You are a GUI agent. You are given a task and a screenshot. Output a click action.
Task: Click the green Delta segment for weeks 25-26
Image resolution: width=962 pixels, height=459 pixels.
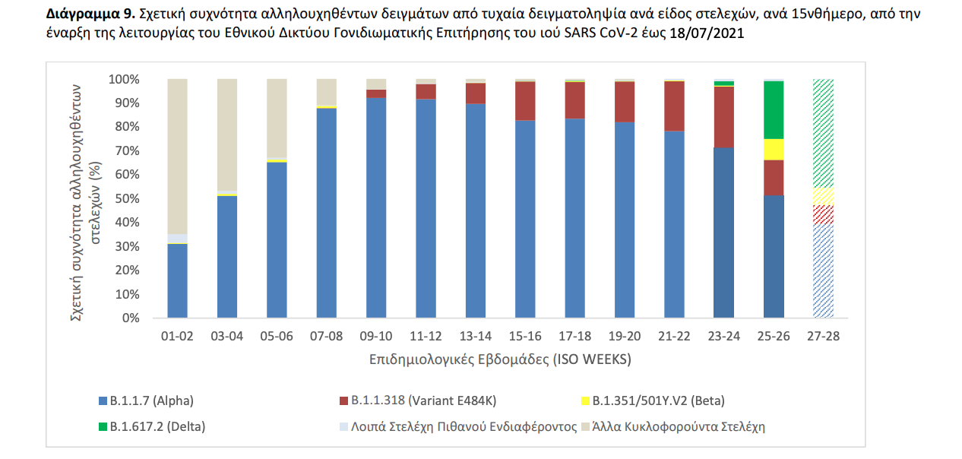774,109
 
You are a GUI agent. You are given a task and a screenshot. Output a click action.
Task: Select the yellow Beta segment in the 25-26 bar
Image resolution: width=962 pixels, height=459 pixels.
774,150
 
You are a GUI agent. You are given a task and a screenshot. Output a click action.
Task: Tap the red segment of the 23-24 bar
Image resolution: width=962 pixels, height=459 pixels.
724,116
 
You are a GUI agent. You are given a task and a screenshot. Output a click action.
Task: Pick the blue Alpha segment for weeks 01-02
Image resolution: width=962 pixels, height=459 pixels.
177,280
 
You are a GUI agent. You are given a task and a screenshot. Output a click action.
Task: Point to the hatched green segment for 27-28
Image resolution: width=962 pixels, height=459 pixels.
823,133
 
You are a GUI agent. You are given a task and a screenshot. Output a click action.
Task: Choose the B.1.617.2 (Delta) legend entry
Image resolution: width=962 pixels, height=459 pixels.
150,426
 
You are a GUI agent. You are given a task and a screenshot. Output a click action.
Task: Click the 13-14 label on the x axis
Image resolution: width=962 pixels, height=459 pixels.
475,336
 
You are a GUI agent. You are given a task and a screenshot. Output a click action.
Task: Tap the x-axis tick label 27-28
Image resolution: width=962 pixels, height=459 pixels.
823,336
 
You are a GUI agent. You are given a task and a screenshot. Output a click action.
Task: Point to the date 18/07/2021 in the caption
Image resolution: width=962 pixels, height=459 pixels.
707,35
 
